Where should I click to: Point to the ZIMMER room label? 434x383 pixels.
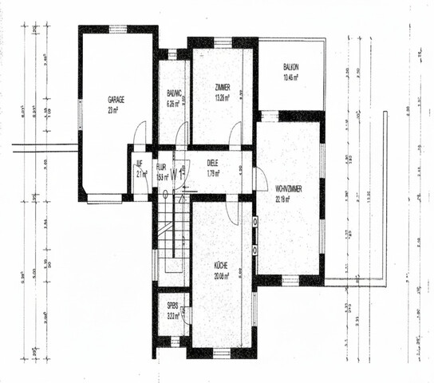[x=223, y=87]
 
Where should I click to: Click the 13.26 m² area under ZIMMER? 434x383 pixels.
[x=223, y=97]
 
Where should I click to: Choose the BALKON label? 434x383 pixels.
[x=291, y=69]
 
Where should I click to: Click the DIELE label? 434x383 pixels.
[x=213, y=163]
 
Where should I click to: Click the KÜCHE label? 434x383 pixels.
[x=220, y=266]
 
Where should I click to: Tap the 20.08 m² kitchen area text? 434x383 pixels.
[x=220, y=276]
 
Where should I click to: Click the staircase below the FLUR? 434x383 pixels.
[x=171, y=231]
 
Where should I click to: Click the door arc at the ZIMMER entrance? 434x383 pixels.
[x=235, y=136]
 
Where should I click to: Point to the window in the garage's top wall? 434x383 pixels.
[x=118, y=29]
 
